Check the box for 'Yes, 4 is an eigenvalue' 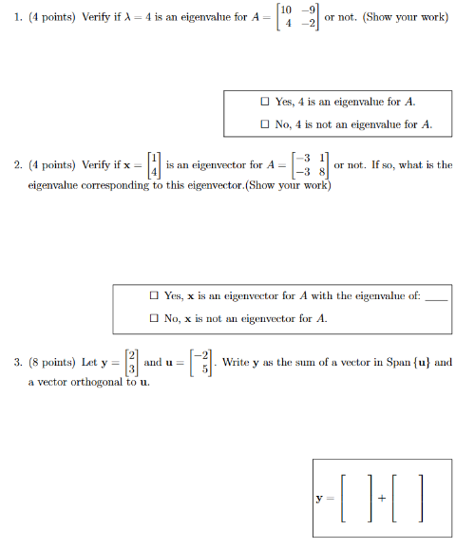click(x=265, y=102)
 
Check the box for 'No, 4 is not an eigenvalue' click(x=265, y=123)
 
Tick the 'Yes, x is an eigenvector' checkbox click(x=153, y=296)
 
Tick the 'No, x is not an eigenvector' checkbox click(x=153, y=318)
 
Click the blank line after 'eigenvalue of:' click(x=436, y=298)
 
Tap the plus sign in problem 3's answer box click(x=381, y=497)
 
